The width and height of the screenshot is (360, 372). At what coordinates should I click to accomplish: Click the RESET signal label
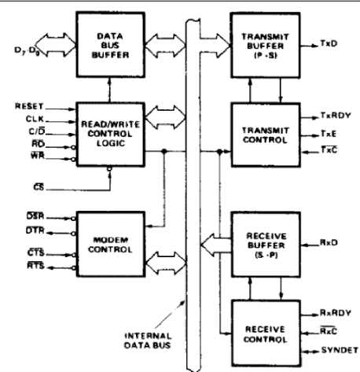pos(28,105)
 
